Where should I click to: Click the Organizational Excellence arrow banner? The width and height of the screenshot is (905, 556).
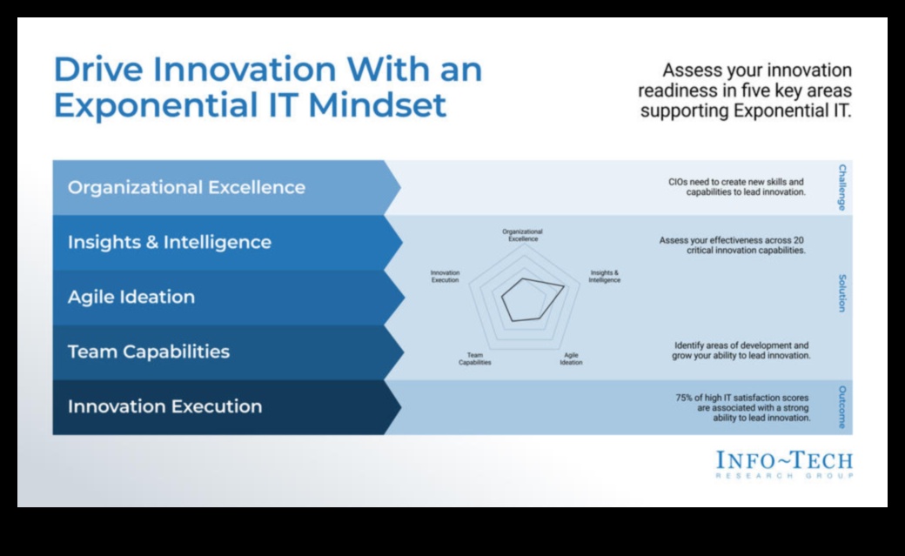pos(226,188)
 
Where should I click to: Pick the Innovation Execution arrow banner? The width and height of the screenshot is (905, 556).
pos(226,407)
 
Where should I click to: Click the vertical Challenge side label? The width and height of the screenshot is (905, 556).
pos(842,188)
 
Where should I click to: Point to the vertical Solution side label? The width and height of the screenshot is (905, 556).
pos(842,293)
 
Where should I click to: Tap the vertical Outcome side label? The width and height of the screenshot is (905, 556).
pos(842,407)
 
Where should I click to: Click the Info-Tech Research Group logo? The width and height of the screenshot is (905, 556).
pos(784,465)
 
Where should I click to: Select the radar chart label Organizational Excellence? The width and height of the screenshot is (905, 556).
pos(522,235)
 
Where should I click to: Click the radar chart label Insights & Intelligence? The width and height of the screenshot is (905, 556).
pos(604,277)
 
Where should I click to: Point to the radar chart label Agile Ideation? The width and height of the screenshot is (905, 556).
pos(571,359)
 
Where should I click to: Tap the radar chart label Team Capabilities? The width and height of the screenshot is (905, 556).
pos(475,359)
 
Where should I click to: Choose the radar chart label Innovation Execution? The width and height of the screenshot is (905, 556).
pos(445,277)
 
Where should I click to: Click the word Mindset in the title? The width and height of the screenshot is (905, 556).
pos(377,105)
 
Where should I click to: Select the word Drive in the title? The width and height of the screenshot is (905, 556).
pos(98,70)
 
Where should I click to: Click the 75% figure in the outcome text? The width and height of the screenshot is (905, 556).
pos(684,398)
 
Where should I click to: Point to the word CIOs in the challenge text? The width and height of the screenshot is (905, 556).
pos(678,182)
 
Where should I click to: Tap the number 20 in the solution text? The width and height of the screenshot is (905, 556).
pos(798,240)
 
